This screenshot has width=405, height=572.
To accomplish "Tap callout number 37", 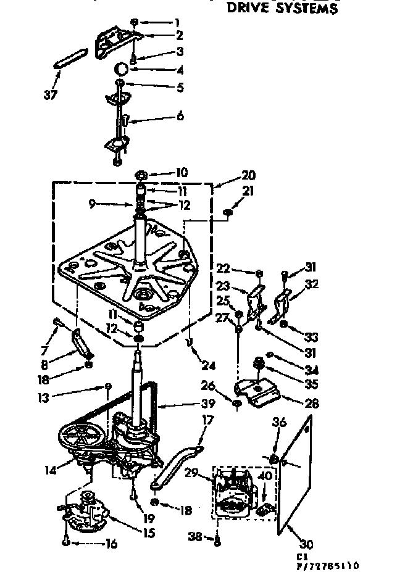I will tap(51, 94).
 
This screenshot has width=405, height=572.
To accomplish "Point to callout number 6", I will tap(180, 116).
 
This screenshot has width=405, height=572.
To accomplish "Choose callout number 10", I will tap(165, 172).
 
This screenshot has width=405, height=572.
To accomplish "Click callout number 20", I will tap(231, 175).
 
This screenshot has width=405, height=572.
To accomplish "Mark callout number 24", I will tap(208, 365).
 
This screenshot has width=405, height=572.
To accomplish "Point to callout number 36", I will tap(280, 422).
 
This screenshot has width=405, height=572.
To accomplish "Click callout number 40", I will tap(265, 476).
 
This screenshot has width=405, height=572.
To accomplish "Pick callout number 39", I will tap(207, 404).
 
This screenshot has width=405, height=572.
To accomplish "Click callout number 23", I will tap(223, 286).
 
